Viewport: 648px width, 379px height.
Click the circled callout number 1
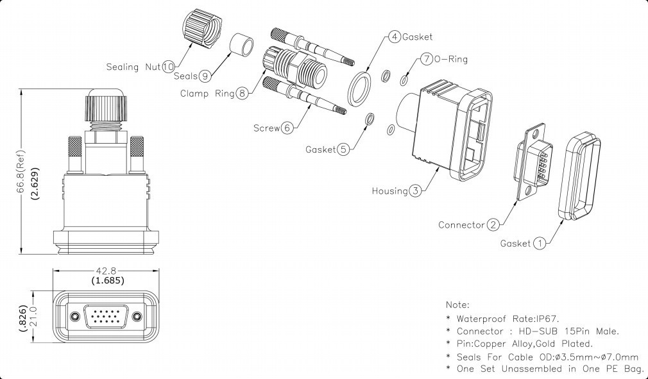click(x=540, y=243)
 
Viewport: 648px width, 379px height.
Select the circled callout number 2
click(x=493, y=224)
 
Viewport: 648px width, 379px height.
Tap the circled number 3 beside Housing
click(x=416, y=190)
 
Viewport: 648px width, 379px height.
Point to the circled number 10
click(x=168, y=66)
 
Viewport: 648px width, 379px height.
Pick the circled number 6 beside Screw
click(x=287, y=128)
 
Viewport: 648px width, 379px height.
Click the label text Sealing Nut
click(x=133, y=67)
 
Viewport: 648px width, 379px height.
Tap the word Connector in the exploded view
click(x=461, y=225)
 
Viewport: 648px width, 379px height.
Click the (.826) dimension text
click(x=22, y=317)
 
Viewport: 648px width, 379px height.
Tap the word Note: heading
click(x=457, y=305)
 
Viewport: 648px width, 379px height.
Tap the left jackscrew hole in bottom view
click(x=76, y=317)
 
